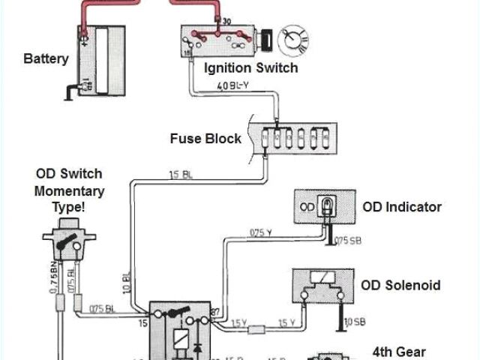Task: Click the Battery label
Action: tap(46, 58)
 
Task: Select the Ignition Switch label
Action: tap(250, 68)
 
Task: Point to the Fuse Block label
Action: tap(205, 138)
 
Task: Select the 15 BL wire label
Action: tap(179, 175)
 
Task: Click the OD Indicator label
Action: tap(401, 206)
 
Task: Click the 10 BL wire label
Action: tap(127, 282)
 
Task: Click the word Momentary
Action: tap(69, 190)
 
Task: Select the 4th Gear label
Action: tap(399, 351)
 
